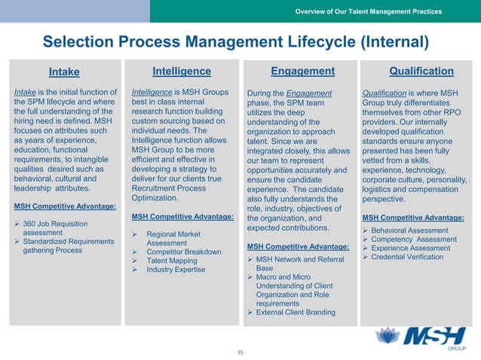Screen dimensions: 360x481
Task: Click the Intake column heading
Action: click(x=64, y=72)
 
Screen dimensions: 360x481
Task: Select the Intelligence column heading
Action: click(x=181, y=72)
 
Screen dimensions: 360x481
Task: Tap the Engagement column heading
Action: click(x=302, y=72)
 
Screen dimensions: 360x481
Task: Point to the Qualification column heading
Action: click(x=421, y=72)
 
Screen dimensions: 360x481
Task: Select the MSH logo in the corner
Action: click(x=425, y=335)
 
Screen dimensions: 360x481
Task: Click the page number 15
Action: click(x=240, y=352)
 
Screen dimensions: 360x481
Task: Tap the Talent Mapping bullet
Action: click(x=172, y=261)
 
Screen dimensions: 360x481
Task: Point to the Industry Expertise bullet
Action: click(x=176, y=270)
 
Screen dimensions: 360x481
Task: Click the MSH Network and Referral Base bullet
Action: click(x=296, y=263)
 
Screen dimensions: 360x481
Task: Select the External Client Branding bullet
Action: click(x=296, y=313)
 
